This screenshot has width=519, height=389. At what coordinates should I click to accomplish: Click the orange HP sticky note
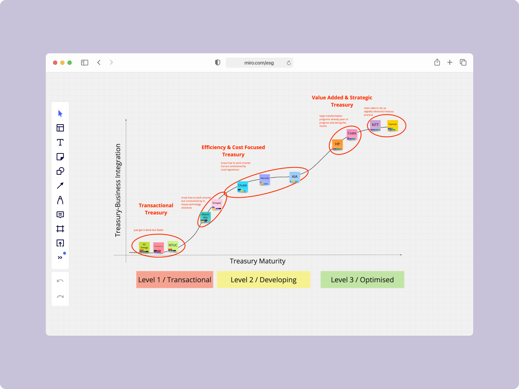point(337,144)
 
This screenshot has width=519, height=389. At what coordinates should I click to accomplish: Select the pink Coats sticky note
point(352,134)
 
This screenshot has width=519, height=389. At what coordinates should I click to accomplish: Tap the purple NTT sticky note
point(375,125)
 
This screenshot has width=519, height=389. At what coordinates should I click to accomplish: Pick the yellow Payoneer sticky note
point(392,125)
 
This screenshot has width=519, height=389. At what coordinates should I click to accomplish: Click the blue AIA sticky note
point(294,176)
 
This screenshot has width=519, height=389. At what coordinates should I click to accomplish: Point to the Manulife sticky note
point(265,179)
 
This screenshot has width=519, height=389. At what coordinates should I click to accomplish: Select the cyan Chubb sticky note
point(243,186)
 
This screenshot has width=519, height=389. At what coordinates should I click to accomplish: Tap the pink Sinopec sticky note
point(217,204)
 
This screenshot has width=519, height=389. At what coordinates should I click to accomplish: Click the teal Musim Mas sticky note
point(205,216)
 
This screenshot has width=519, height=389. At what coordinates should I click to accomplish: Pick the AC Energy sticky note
point(144,247)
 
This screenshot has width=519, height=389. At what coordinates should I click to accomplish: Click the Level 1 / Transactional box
point(175,280)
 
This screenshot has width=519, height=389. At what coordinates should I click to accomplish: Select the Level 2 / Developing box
point(263,280)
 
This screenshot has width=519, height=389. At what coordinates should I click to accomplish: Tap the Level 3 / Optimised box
point(362,280)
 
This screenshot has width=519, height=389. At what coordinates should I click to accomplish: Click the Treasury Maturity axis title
point(258,261)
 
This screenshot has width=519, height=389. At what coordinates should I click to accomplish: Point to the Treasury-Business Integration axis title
point(118,190)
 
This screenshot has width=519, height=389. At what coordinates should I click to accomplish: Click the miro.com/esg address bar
point(259,63)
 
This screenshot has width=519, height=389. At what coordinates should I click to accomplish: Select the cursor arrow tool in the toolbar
point(60,113)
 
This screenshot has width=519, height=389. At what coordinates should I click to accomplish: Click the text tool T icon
point(60,142)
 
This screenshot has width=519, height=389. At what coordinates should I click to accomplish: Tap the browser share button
point(437,62)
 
